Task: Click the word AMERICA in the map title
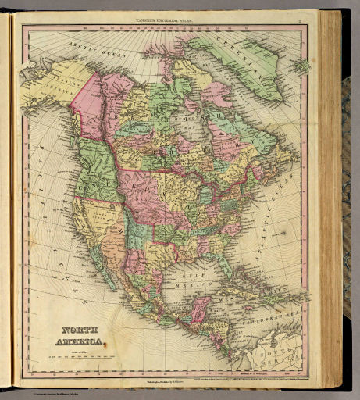[x=79, y=342]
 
